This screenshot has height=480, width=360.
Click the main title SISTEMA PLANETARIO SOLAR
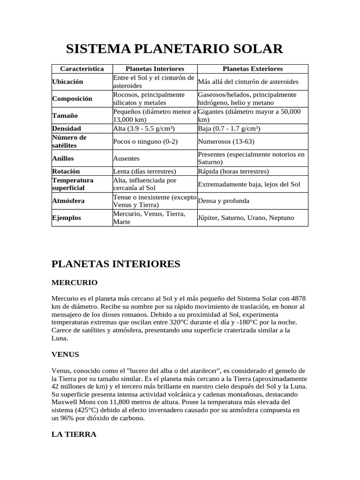click(174, 49)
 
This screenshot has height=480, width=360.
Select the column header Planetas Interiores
click(155, 69)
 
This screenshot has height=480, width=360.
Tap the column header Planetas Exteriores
click(253, 69)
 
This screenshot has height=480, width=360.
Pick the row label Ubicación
click(67, 82)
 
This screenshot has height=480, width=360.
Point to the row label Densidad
click(67, 128)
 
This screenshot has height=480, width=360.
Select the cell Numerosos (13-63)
click(226, 141)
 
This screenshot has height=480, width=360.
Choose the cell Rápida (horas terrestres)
click(233, 172)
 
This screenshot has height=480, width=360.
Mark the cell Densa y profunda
click(224, 201)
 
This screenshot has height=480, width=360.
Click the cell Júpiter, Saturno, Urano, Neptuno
click(246, 218)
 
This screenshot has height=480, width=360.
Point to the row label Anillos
click(63, 158)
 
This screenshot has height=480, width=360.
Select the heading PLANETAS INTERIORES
click(115, 264)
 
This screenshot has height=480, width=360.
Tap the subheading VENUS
click(65, 354)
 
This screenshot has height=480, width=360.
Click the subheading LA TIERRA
click(74, 435)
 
